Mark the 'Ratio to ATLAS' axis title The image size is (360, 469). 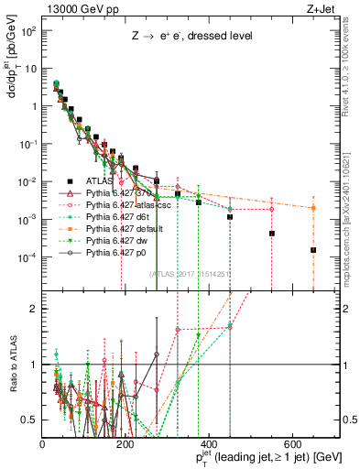point(11,359)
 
